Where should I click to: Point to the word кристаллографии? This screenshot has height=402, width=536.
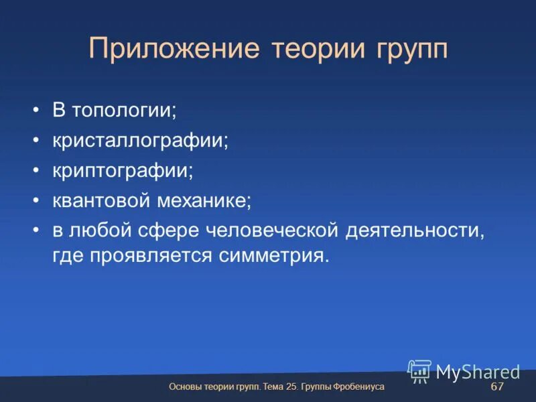[141, 141]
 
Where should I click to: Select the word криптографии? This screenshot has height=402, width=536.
[123, 170]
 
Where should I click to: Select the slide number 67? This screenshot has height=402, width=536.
[497, 387]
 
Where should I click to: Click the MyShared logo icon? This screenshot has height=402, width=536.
[419, 371]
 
